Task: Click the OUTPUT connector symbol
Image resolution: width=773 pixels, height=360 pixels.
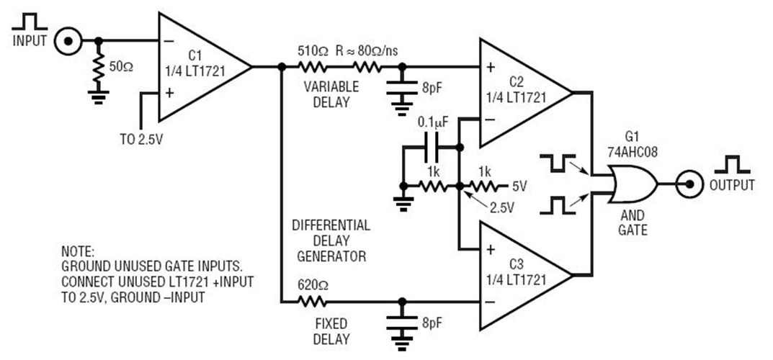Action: tap(689, 185)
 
